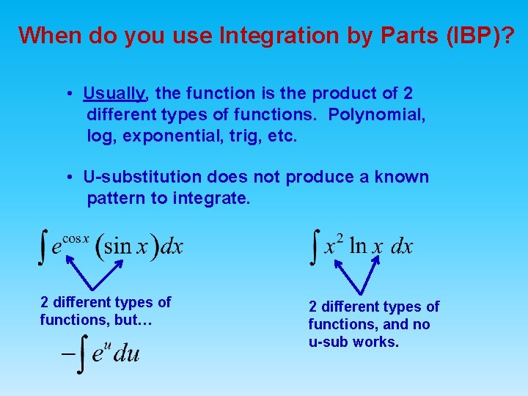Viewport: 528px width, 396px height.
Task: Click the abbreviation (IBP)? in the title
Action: coord(476,35)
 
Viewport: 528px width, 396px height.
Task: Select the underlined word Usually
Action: coord(115,94)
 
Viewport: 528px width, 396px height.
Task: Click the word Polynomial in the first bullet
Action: coord(378,115)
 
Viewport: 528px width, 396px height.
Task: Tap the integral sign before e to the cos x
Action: coord(44,246)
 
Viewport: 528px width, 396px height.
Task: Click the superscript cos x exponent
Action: coord(76,238)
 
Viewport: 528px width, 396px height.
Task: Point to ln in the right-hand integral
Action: coord(357,246)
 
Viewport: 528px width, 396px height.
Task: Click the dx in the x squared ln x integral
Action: coord(402,246)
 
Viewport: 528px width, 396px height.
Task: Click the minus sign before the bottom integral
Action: coord(67,353)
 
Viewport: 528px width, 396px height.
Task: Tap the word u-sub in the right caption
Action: coord(329,342)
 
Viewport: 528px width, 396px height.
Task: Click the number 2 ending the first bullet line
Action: coord(408,94)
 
